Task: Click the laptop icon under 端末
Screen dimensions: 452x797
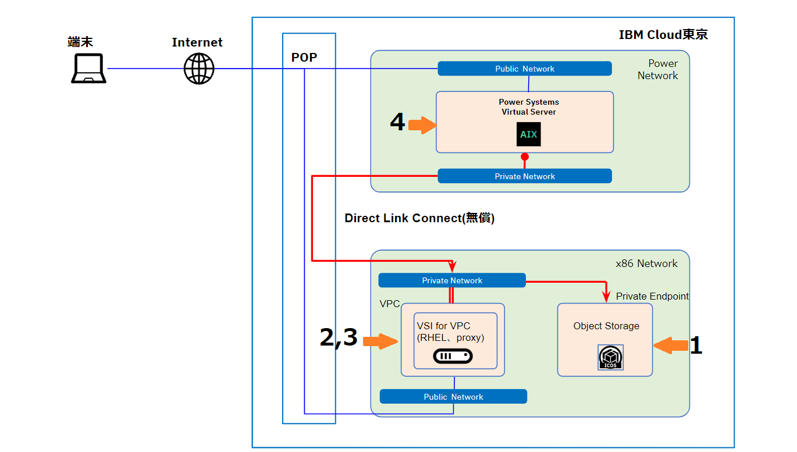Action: click(x=88, y=69)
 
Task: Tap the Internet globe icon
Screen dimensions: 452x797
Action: click(x=199, y=69)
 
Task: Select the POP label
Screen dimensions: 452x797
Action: click(x=304, y=58)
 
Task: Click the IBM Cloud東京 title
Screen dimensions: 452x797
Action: click(x=663, y=35)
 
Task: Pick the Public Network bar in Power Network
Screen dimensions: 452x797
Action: click(x=525, y=69)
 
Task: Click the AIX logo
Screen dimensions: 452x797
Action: click(x=529, y=134)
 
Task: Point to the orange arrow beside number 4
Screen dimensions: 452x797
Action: click(x=422, y=124)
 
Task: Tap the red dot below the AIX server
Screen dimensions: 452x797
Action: click(x=525, y=157)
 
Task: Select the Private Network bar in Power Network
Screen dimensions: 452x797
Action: click(x=525, y=176)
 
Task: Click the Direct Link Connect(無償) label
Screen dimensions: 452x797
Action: click(x=419, y=218)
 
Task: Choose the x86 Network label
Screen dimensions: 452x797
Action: click(x=646, y=264)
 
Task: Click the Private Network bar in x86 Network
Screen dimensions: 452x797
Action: click(x=452, y=280)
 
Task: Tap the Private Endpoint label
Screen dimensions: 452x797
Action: click(x=652, y=296)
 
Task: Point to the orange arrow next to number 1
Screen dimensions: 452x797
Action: click(x=670, y=346)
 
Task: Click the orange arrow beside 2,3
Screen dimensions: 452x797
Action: click(x=380, y=341)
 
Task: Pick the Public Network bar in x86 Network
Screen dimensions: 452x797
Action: click(x=453, y=397)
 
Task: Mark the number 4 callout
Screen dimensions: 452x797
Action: click(x=397, y=123)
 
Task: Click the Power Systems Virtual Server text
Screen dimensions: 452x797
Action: click(x=529, y=107)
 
